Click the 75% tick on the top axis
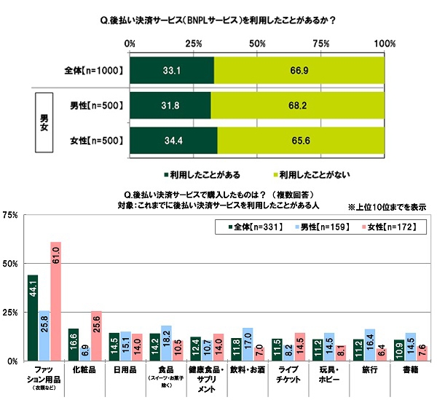pos(321,45)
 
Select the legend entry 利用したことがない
pos(310,176)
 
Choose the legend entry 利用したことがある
pos(201,176)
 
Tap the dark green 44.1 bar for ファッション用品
pos(33,317)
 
